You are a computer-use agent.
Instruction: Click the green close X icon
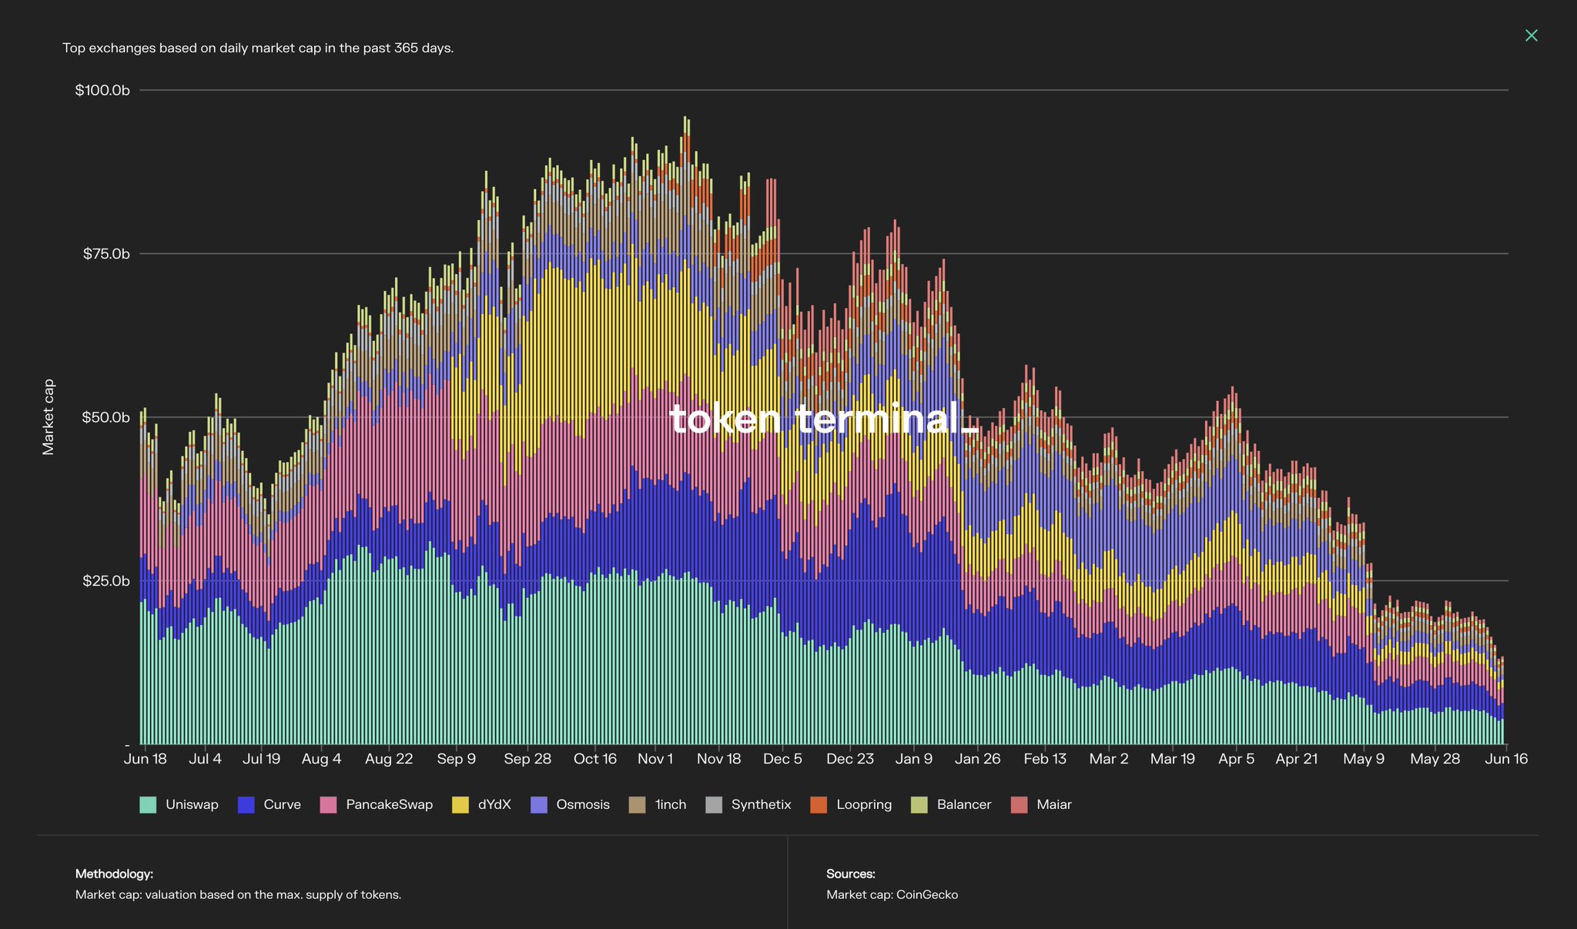[x=1531, y=35]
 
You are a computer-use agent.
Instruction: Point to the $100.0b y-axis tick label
[x=102, y=90]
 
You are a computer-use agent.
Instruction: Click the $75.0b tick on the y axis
[x=106, y=254]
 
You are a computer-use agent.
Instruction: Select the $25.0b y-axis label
[x=106, y=580]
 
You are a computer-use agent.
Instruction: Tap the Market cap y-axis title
[x=49, y=417]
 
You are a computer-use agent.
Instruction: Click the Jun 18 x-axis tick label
[x=146, y=759]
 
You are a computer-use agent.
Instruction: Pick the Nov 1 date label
[x=655, y=759]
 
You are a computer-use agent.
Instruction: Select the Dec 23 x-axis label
[x=850, y=759]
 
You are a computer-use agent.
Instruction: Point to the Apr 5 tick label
[x=1237, y=759]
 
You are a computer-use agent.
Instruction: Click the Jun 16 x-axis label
[x=1506, y=759]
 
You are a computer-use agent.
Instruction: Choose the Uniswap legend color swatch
[x=148, y=805]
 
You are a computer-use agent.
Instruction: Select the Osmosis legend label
[x=583, y=805]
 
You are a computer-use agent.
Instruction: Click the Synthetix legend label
[x=761, y=805]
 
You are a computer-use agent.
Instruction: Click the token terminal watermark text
[x=823, y=419]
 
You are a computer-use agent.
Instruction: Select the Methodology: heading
[x=114, y=874]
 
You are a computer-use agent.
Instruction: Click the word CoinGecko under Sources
[x=927, y=894]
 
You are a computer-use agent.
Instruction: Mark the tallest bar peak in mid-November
[x=686, y=119]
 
